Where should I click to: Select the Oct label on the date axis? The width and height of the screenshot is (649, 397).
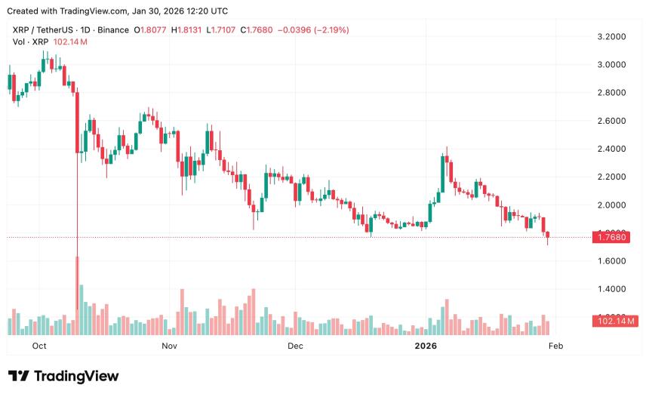40,346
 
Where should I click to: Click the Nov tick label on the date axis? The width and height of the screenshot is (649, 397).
169,346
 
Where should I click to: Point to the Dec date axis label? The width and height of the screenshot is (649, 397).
295,346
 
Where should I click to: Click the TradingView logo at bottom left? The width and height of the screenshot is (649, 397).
63,376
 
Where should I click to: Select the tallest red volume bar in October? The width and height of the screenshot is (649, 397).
77,295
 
